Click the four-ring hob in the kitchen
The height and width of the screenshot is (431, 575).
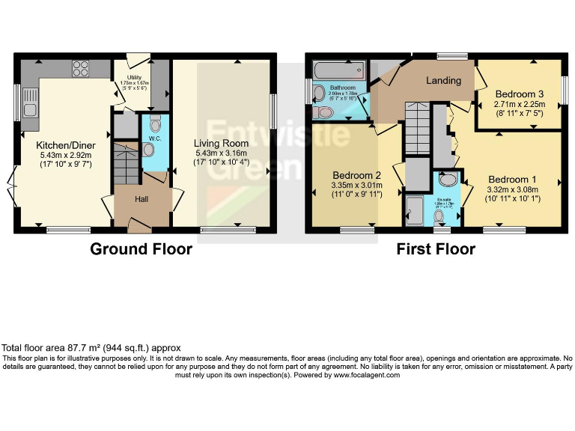pyautogui.click(x=80, y=69)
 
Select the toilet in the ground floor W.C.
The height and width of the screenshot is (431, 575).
pyautogui.click(x=156, y=123)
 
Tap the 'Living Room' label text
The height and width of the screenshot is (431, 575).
pyautogui.click(x=221, y=143)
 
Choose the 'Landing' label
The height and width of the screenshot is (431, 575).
pyautogui.click(x=443, y=80)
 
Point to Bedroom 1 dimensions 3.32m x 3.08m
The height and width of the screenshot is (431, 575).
pyautogui.click(x=513, y=190)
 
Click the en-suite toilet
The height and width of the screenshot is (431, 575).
pyautogui.click(x=440, y=217)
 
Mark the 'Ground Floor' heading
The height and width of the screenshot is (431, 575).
pyautogui.click(x=141, y=249)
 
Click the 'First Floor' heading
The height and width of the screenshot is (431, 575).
pyautogui.click(x=436, y=249)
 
